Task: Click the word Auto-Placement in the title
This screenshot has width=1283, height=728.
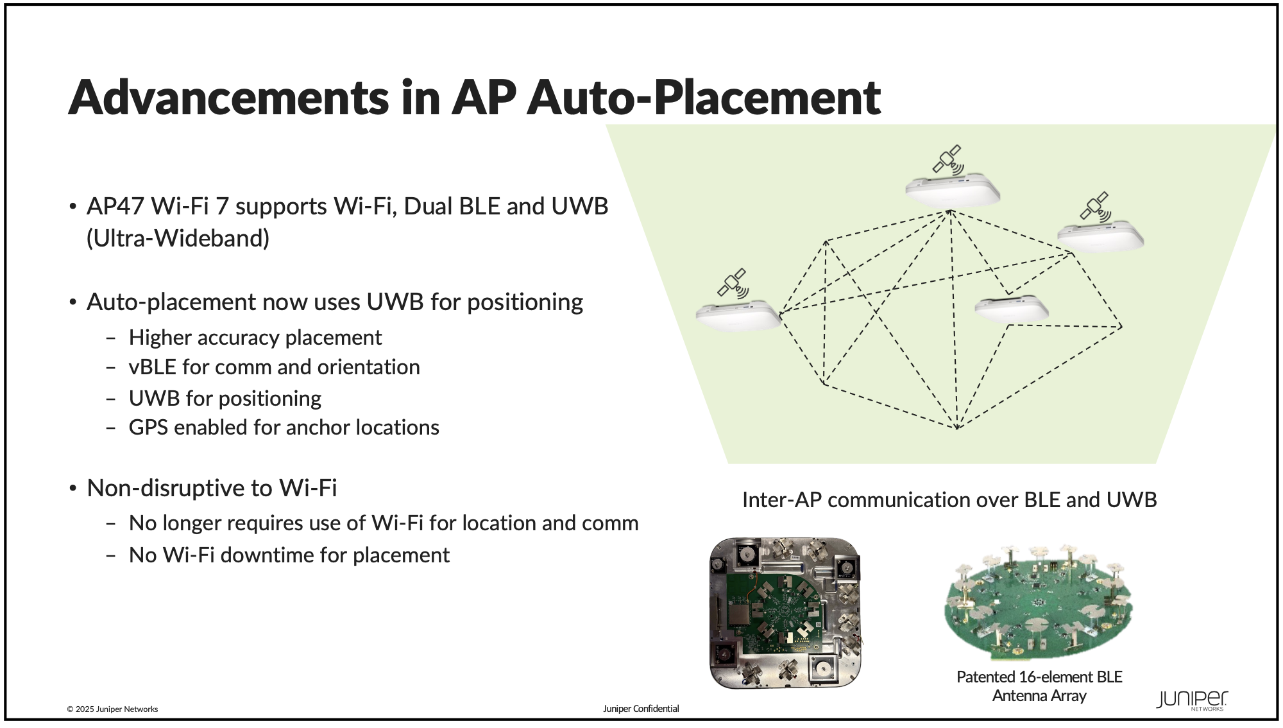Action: click(x=704, y=97)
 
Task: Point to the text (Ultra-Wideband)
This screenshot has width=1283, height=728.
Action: click(x=178, y=238)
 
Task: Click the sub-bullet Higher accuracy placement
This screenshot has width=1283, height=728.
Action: click(x=255, y=338)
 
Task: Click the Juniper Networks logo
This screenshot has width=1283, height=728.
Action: click(x=1192, y=700)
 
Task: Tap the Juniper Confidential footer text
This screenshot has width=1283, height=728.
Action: click(x=641, y=709)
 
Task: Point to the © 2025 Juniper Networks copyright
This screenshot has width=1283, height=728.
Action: click(x=112, y=709)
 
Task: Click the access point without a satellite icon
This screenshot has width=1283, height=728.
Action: click(x=1012, y=309)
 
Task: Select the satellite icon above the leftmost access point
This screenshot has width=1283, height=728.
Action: click(x=733, y=283)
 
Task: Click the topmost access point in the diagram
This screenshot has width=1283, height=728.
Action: click(x=953, y=189)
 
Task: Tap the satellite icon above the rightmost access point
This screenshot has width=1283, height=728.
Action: click(x=1096, y=207)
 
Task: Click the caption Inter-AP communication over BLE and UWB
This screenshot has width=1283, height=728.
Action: click(x=949, y=500)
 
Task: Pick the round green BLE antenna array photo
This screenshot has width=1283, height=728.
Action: click(x=1039, y=603)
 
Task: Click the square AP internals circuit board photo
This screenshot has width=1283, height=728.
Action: click(x=786, y=613)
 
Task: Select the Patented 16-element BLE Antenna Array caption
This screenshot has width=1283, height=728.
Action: click(x=1039, y=686)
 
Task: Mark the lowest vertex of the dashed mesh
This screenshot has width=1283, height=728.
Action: click(x=957, y=429)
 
